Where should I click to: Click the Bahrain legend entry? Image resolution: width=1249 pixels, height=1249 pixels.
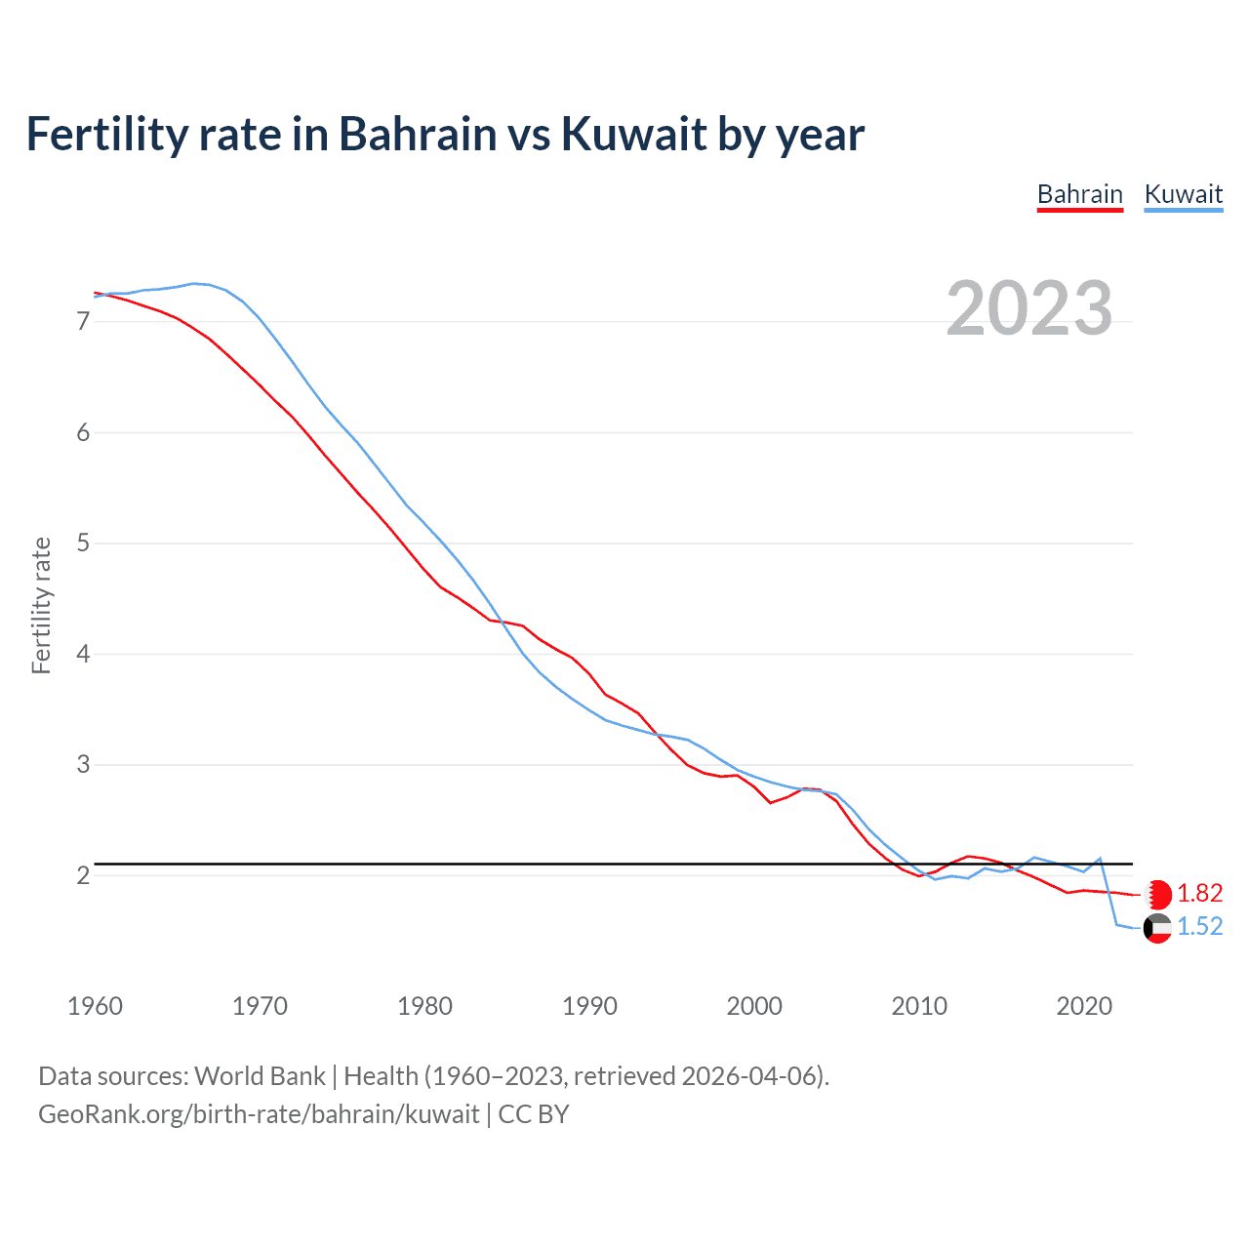coord(1079,194)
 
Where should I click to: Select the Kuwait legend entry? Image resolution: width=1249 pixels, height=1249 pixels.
coord(1183,194)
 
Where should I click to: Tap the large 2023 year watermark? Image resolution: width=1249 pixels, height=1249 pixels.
coord(1028,308)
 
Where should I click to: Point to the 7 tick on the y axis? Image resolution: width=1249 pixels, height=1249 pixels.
coord(83,321)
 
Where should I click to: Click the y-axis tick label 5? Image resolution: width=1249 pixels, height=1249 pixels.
coord(83,543)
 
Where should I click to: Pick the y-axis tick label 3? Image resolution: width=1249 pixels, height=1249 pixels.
coord(83,764)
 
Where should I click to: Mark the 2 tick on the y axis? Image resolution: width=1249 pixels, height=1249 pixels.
coord(83,875)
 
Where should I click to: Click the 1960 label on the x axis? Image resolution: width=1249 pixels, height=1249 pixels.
coord(95,1006)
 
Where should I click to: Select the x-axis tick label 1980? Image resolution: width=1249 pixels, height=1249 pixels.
coord(424,1006)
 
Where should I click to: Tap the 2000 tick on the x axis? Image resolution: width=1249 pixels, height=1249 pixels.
coord(754,1006)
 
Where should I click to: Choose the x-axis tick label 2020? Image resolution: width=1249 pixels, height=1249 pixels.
coord(1084,1006)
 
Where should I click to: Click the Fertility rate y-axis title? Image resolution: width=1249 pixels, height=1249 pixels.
coord(41,605)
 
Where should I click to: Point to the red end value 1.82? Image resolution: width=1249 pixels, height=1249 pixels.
coord(1199,894)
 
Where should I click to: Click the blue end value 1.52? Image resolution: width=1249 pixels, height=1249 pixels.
coord(1199,927)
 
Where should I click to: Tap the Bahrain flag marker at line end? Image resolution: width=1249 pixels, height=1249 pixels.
coord(1157,894)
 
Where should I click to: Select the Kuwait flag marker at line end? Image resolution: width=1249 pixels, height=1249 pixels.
coord(1157,928)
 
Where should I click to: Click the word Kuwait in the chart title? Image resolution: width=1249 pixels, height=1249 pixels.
coord(635,135)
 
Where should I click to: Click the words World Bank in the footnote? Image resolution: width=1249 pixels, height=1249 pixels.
coord(260,1076)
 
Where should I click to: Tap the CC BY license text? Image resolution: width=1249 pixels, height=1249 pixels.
coord(534,1114)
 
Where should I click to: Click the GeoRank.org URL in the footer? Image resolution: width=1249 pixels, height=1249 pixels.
coord(259,1114)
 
